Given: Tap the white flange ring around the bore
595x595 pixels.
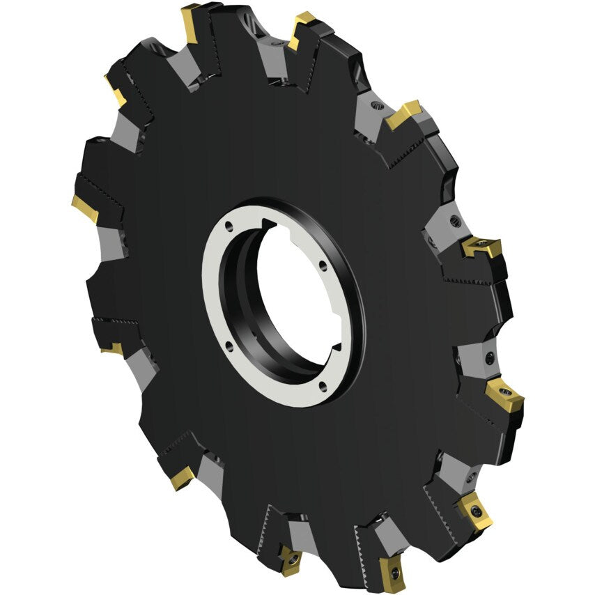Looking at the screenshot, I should tap(216, 293).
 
